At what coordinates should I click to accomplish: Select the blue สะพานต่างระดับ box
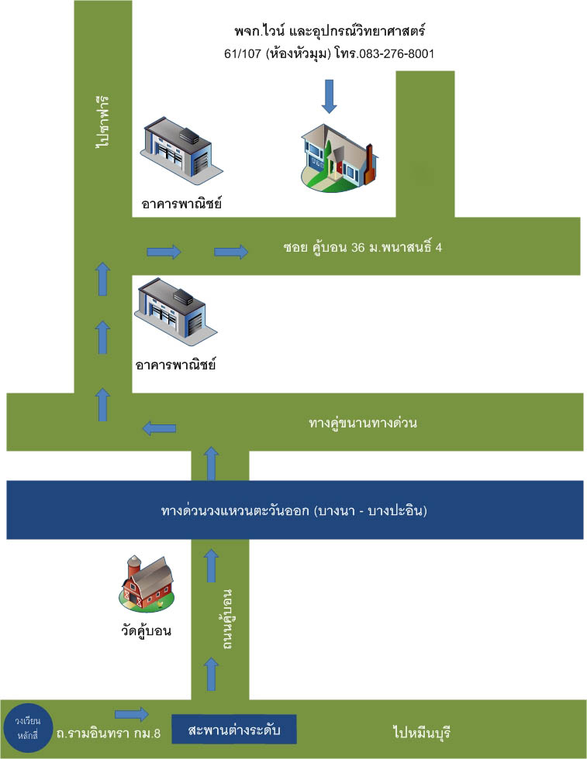coord(233,730)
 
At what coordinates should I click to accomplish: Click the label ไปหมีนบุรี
coord(422,732)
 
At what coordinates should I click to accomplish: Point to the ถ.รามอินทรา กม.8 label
coord(108,733)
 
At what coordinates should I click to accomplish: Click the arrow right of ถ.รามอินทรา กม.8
coord(131,713)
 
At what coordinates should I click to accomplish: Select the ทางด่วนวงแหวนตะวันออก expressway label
coord(295,511)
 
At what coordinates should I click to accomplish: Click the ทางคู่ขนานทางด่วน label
coord(363,423)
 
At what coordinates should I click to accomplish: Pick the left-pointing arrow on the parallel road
coord(159,428)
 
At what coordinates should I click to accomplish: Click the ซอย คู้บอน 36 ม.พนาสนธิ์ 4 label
coord(363,249)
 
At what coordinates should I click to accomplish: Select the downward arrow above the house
coord(330,97)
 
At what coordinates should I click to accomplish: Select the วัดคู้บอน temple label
coord(145,630)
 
